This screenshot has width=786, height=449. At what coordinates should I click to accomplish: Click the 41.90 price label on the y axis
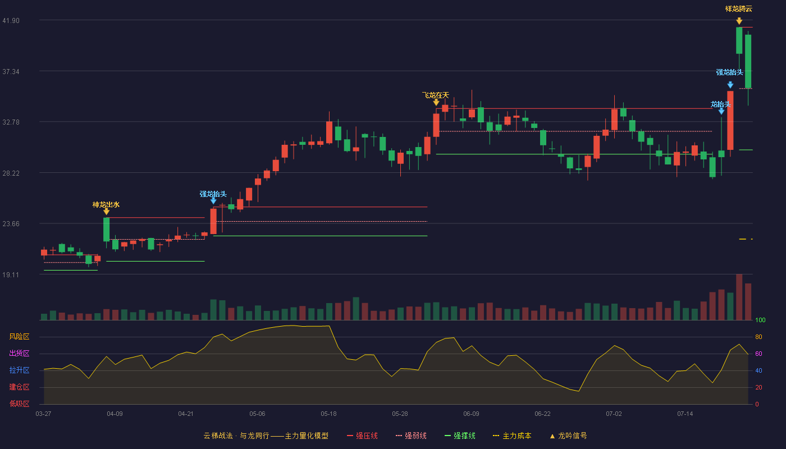(11, 21)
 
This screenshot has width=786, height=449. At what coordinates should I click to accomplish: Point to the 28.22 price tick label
(11, 173)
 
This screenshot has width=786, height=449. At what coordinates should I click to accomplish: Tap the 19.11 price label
(11, 274)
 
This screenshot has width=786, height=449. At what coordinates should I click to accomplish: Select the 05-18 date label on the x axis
(328, 414)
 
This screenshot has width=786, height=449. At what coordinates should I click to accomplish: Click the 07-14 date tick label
(685, 414)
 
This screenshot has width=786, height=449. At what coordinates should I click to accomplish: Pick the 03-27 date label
(44, 414)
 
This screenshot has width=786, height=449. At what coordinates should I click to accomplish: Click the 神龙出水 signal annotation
(106, 204)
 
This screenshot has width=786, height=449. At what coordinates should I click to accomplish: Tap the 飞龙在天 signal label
(436, 95)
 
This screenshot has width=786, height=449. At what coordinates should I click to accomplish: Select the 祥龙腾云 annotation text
(739, 9)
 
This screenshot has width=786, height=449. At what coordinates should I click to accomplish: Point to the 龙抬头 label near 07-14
(721, 104)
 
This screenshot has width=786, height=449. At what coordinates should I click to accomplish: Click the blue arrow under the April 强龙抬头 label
(213, 201)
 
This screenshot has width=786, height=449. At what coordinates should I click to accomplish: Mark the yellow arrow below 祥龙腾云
(739, 21)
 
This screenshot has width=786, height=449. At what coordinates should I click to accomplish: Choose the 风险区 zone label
(19, 337)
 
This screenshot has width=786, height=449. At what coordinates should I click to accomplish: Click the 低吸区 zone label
(19, 404)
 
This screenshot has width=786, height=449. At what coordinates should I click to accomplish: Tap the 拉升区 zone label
(19, 370)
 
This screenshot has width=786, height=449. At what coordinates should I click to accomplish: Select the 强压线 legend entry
(362, 436)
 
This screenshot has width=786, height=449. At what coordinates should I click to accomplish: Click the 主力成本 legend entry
(512, 436)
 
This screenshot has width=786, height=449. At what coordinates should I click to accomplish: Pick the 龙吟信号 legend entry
(568, 436)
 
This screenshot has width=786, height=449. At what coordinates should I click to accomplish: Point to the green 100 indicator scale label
(760, 320)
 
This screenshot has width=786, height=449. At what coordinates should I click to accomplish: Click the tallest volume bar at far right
(739, 297)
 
